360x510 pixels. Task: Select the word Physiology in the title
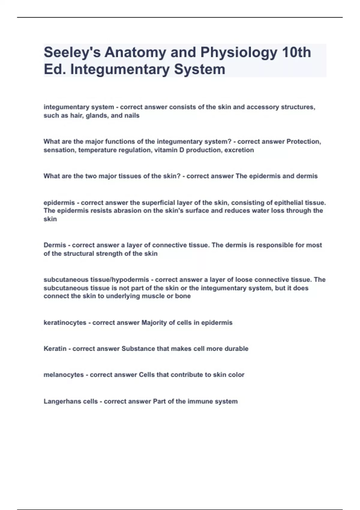pyautogui.click(x=239, y=52)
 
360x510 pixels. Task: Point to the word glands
pyautogui.click(x=97, y=115)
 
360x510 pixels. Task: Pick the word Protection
pyautogui.click(x=303, y=141)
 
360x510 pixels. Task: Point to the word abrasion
pyautogui.click(x=128, y=211)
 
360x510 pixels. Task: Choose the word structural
pyautogui.click(x=79, y=253)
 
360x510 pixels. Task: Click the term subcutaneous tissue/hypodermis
pyautogui.click(x=96, y=280)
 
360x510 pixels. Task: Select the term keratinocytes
pyautogui.click(x=65, y=323)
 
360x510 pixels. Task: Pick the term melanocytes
pyautogui.click(x=64, y=375)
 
